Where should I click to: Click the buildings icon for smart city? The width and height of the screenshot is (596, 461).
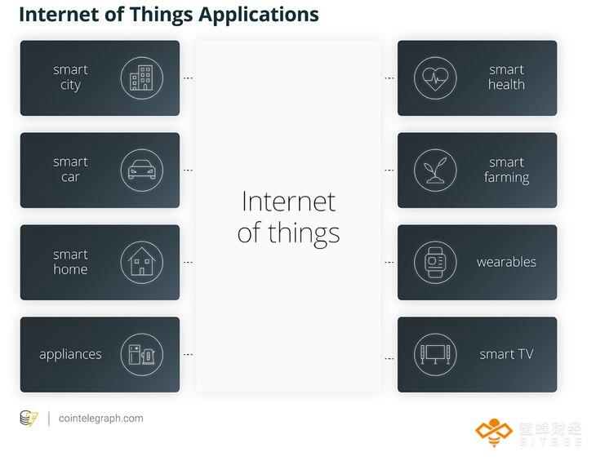coord(142,78)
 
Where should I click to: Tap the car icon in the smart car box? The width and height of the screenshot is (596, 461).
coord(142,170)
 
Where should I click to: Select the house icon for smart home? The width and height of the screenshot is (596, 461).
coord(142,261)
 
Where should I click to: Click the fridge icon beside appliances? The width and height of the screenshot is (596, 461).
coord(142,354)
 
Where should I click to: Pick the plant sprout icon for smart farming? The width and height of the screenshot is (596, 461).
coord(435,171)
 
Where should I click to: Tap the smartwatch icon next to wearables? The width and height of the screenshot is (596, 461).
coord(435,262)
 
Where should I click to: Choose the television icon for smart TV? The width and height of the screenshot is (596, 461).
coord(435,354)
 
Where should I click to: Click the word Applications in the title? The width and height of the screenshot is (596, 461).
coord(259,16)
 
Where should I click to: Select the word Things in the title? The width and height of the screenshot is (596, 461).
coord(161,16)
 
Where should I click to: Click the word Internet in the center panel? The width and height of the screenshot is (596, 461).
coord(288,202)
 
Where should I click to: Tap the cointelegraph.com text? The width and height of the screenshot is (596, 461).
coord(100,418)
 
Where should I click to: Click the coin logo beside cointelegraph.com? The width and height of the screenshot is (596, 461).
coord(29,419)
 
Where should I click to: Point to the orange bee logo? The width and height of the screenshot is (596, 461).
coord(494,432)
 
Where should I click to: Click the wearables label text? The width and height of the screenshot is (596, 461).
coord(506,262)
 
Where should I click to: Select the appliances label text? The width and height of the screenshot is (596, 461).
coord(70,354)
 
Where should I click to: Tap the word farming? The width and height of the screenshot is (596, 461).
coord(506,177)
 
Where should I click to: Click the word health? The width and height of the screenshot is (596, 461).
coord(506,84)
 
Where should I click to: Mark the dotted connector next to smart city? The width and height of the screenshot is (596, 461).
coord(188,78)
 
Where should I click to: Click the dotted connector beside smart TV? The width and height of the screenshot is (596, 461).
coord(389,358)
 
